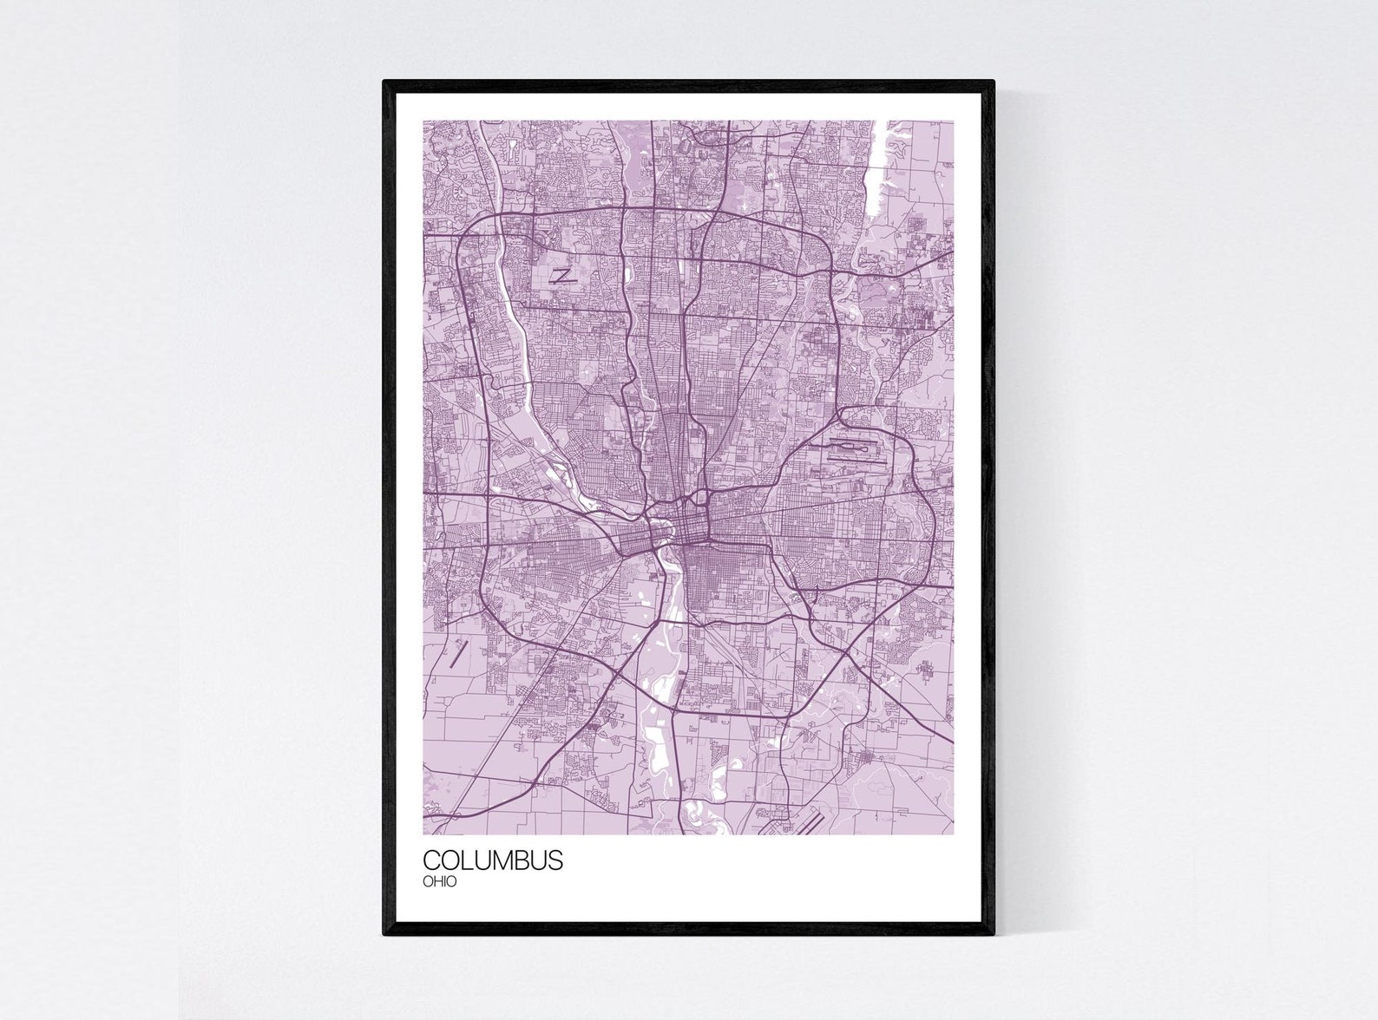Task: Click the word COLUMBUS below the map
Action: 492,860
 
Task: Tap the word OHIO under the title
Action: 440,882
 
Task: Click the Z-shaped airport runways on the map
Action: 562,277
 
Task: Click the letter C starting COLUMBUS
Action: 431,860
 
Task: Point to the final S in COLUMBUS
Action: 556,860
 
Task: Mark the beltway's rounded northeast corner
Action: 824,243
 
